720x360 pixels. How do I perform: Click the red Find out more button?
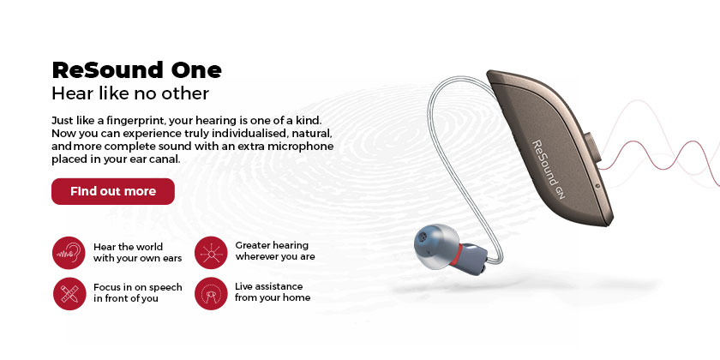112,191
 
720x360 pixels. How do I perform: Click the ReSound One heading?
137,69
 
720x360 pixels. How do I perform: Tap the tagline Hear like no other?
130,93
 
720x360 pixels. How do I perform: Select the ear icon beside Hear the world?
69,253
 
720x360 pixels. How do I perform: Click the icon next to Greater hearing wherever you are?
211,253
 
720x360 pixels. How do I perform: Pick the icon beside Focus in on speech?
69,292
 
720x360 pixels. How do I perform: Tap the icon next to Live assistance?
211,292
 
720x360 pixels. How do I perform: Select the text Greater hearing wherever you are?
275,251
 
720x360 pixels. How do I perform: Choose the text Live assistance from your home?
273,291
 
